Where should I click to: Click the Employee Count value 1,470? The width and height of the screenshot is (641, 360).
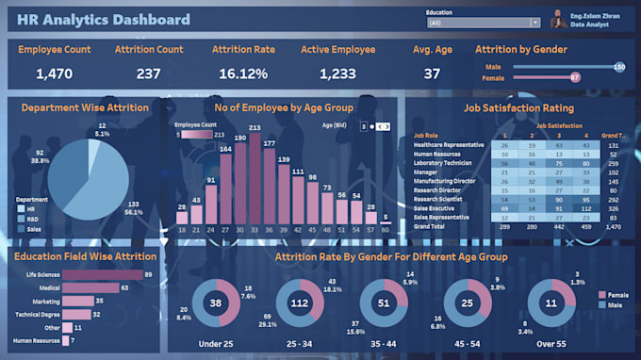click(54, 74)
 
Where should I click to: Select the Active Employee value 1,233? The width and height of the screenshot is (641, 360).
click(338, 74)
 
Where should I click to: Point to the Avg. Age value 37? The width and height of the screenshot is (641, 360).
click(432, 74)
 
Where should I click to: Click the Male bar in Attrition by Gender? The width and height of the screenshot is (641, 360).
click(561, 67)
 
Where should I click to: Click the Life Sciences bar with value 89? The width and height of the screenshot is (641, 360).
click(94, 274)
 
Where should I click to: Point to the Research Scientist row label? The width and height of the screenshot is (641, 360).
click(436, 200)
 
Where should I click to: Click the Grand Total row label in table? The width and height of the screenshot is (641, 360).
click(429, 227)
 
